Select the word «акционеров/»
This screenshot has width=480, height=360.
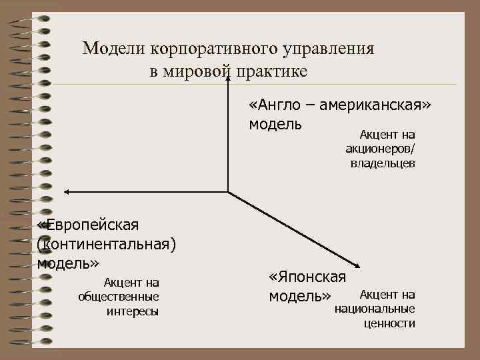pos(379,149)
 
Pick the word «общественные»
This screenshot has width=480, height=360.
pos(118,296)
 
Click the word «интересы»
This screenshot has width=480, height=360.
pos(132,311)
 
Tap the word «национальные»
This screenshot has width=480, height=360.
pos(375,309)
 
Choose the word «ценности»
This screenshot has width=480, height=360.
pos(389,323)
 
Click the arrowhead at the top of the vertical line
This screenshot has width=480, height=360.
pos(229,75)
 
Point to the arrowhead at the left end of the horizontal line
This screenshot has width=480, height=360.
pos(65,192)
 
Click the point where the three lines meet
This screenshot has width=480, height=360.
pos(229,192)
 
